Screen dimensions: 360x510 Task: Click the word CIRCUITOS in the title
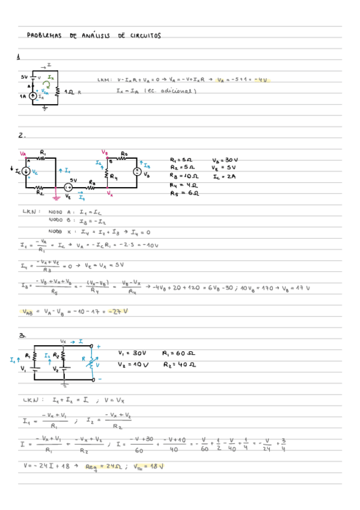[x=144, y=35]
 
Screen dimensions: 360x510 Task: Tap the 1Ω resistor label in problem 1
[x=71, y=92]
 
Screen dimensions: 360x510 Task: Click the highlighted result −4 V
[x=261, y=79]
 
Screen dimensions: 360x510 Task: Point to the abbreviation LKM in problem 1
[x=103, y=79]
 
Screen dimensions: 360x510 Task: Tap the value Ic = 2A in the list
[x=224, y=177]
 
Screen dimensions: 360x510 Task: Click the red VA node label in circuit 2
[x=23, y=153]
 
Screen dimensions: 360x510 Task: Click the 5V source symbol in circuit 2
[x=69, y=188]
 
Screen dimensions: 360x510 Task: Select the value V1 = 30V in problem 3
[x=132, y=354]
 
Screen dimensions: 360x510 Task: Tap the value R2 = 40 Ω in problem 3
[x=178, y=364]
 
